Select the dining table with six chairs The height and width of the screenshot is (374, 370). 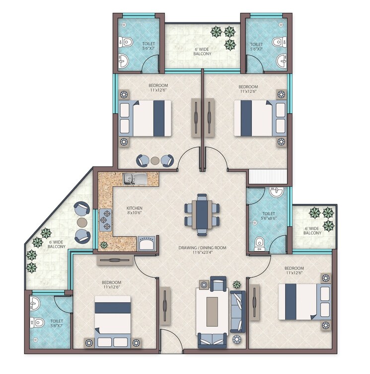202,214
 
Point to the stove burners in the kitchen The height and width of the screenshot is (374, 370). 106,219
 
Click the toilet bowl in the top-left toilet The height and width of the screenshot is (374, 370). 125,42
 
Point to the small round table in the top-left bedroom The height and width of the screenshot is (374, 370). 154,161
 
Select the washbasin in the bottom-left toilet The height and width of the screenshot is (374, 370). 33,303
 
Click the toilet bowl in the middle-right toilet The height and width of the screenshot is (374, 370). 259,244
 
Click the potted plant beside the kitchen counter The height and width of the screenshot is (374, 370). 104,245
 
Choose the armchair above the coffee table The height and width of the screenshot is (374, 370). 218,284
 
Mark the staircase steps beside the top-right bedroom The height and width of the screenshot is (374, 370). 268,176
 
